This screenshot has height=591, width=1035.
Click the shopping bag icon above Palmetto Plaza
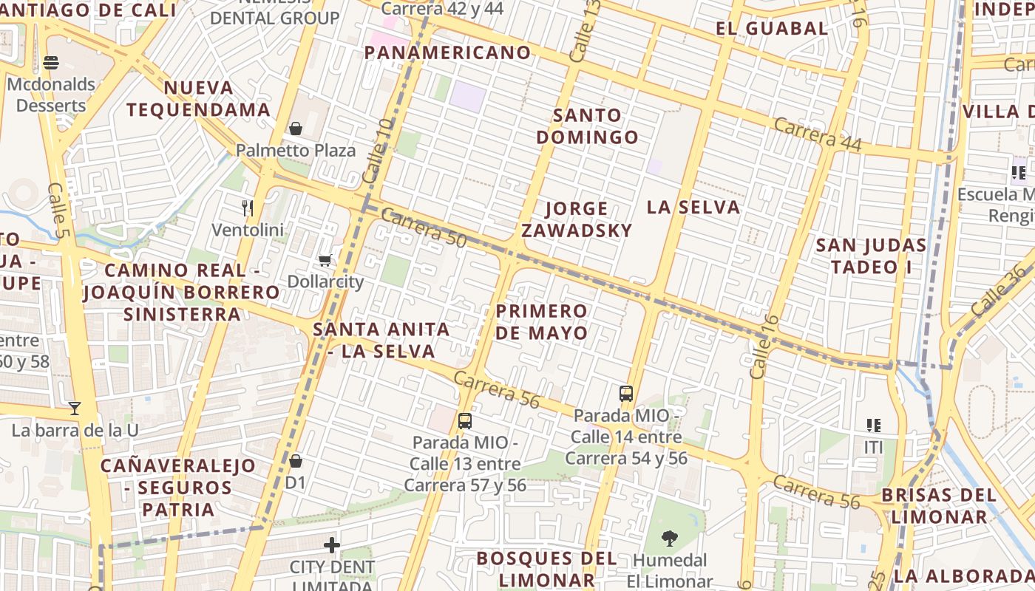296,129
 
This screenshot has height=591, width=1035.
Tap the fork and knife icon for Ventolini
248,208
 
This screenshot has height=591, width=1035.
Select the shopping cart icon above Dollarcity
325,260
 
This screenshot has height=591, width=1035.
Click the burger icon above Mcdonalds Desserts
51,63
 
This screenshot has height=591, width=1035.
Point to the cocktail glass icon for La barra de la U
74,408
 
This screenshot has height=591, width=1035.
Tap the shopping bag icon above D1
296,461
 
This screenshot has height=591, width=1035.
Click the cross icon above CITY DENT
332,546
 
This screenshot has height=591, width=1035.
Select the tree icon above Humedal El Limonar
670,539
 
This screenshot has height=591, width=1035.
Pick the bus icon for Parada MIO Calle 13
465,421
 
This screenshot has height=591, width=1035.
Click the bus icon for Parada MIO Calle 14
626,393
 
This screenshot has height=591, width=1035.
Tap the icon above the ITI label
874,426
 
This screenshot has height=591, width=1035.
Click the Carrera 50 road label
424,228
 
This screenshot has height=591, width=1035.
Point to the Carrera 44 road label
818,134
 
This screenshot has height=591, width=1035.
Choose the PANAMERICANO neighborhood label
448,52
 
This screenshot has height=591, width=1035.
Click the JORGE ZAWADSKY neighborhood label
577,219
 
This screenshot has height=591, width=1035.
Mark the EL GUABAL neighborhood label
772,29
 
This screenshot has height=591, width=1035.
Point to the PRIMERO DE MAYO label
542,321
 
